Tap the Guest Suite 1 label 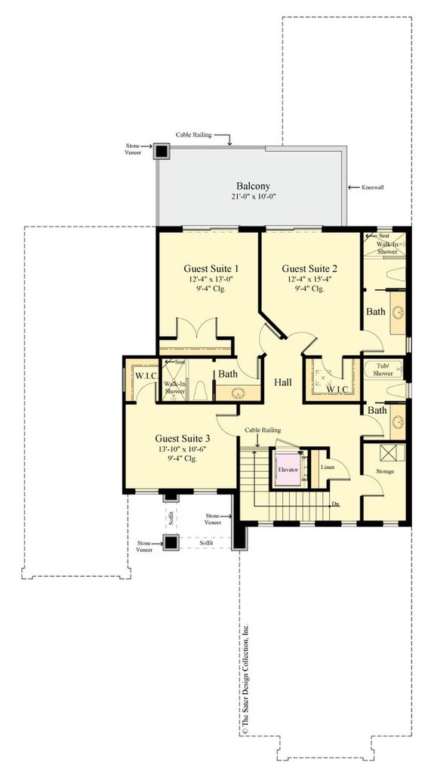click(x=211, y=268)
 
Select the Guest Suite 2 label click(x=309, y=268)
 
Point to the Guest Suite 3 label click(x=183, y=438)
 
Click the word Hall click(x=283, y=383)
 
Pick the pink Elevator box click(x=288, y=470)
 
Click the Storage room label click(x=385, y=472)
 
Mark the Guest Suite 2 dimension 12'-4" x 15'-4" click(x=309, y=279)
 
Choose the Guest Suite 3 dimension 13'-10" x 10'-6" click(x=183, y=449)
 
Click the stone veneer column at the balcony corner click(x=161, y=151)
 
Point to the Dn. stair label click(x=333, y=504)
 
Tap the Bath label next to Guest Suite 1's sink click(x=227, y=373)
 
